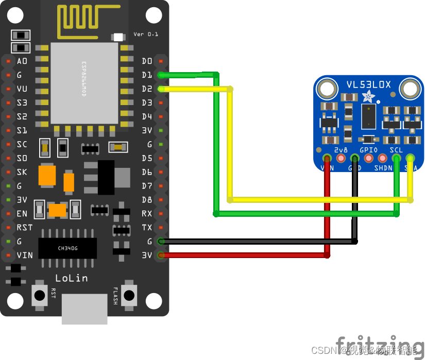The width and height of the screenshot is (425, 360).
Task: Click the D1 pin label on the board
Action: point(147,75)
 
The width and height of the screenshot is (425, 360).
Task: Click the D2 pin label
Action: point(147,89)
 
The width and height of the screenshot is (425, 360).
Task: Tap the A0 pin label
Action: point(22,61)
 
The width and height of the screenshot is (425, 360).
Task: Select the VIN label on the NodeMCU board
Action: point(25,255)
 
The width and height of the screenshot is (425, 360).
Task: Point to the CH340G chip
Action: point(67,248)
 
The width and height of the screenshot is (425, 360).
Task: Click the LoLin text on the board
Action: point(71,278)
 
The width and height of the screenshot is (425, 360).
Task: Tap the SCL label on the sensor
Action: point(396,150)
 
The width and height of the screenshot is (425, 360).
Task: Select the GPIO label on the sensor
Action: point(368,150)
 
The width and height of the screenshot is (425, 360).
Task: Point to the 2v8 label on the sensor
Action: point(341,150)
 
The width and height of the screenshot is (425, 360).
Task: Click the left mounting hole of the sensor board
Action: point(326,89)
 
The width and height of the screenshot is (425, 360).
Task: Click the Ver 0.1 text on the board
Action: point(146,34)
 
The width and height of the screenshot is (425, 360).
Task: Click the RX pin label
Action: point(147,213)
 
